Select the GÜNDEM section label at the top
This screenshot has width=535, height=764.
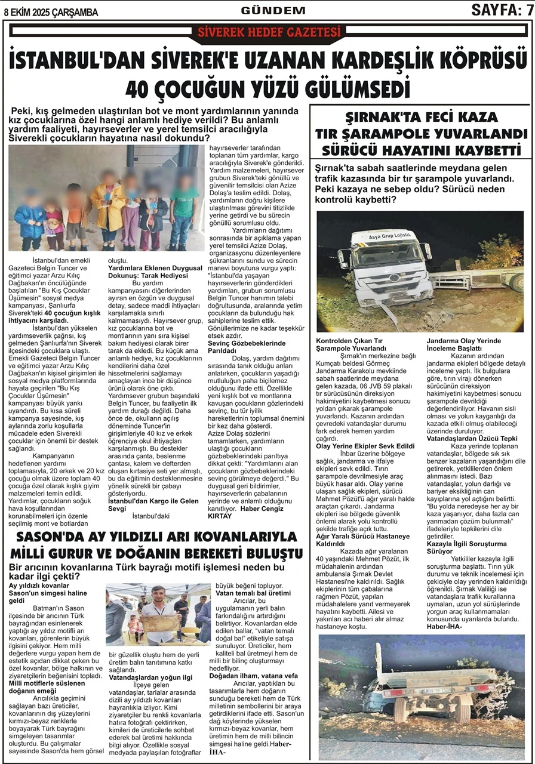pos(273,10)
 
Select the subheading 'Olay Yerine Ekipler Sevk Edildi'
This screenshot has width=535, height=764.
pos(365,445)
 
